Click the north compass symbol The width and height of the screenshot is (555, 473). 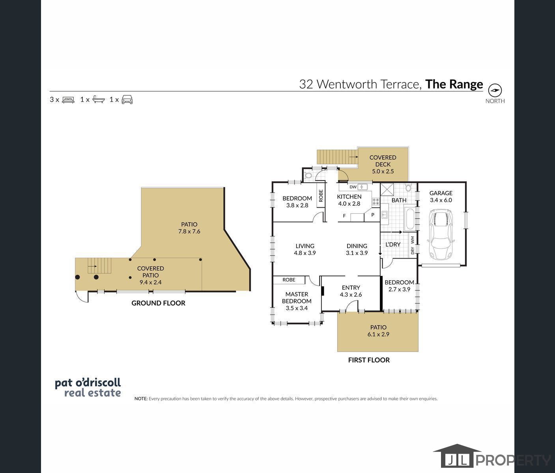[x=495, y=90]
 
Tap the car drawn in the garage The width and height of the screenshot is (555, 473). [x=441, y=235]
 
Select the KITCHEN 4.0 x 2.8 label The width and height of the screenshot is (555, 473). [x=349, y=200]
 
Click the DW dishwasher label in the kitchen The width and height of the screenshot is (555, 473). [x=353, y=187]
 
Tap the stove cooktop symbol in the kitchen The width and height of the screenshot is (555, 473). [x=376, y=202]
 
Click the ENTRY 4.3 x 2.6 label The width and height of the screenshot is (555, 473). [x=351, y=291]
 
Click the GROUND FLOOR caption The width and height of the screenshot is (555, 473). [x=158, y=303]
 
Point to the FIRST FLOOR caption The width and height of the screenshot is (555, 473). [x=369, y=360]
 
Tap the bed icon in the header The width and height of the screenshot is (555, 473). [x=68, y=100]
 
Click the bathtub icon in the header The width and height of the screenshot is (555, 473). [x=99, y=100]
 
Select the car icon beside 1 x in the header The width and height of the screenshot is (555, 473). [x=127, y=100]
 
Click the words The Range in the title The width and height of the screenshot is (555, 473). [x=454, y=84]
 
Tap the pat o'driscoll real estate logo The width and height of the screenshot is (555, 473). [x=88, y=388]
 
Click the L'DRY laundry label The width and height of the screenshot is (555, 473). [x=393, y=244]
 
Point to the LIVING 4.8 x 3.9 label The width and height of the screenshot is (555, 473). [x=305, y=249]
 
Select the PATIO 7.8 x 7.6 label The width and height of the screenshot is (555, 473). [x=189, y=228]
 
